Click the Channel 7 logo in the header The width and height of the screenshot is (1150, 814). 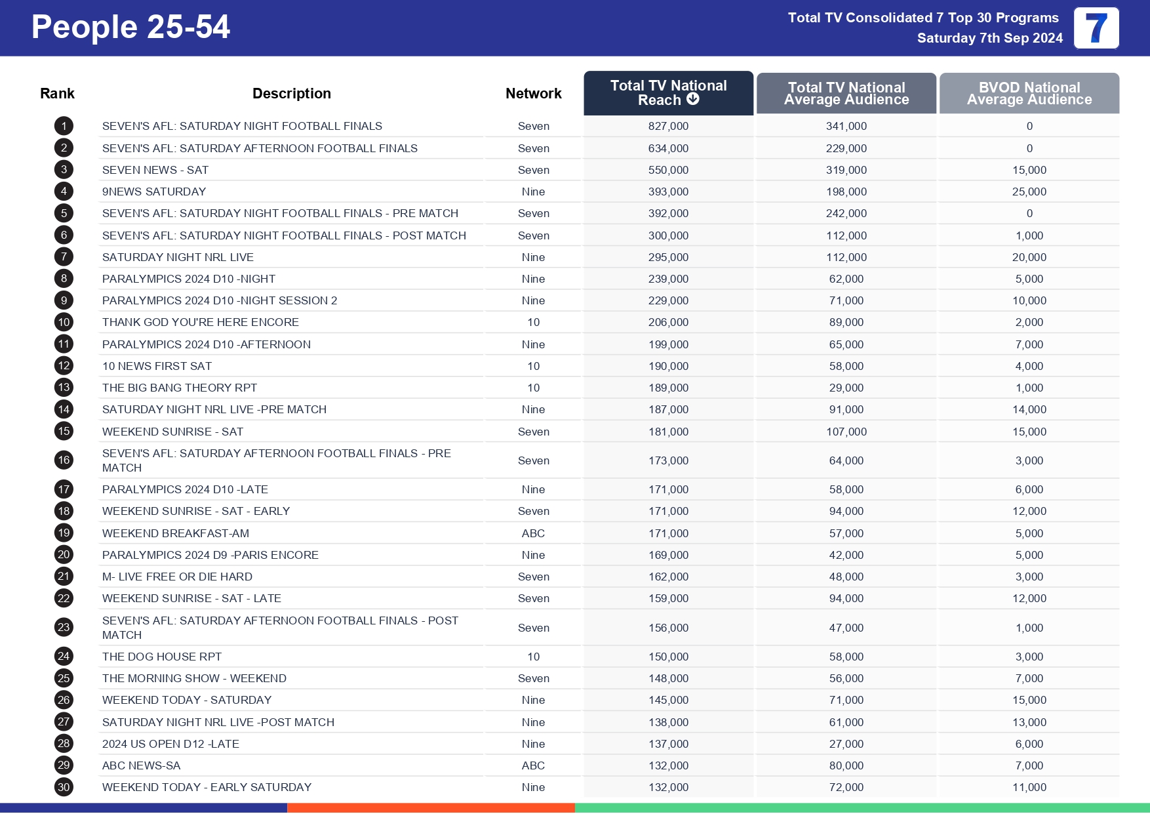(x=1096, y=28)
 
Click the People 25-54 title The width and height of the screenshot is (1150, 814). (x=130, y=28)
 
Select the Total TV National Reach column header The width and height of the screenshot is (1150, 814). (x=668, y=92)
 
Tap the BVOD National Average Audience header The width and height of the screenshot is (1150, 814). (x=1029, y=93)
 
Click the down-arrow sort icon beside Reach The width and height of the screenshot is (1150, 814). (x=693, y=99)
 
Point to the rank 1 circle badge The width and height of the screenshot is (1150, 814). (x=64, y=126)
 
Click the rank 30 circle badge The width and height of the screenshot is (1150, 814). (x=64, y=787)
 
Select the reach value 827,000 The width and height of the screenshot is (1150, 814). (x=668, y=126)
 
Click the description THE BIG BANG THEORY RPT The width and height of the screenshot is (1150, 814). (x=180, y=388)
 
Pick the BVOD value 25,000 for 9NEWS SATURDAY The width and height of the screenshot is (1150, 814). (x=1029, y=192)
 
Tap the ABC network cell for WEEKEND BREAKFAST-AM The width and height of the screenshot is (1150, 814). (x=533, y=533)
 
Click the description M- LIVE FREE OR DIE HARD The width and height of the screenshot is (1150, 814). (x=177, y=577)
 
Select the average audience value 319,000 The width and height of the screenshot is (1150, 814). (x=846, y=170)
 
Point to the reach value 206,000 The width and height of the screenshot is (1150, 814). (x=668, y=322)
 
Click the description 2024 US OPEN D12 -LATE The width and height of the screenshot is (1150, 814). (x=170, y=744)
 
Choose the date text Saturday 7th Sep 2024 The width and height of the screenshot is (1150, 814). (x=989, y=38)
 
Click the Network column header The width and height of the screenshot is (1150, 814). (x=533, y=93)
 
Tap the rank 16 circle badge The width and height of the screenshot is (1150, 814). (x=64, y=460)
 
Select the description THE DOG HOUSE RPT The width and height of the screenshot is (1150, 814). (x=162, y=657)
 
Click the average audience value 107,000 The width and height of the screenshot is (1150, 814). (x=846, y=432)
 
